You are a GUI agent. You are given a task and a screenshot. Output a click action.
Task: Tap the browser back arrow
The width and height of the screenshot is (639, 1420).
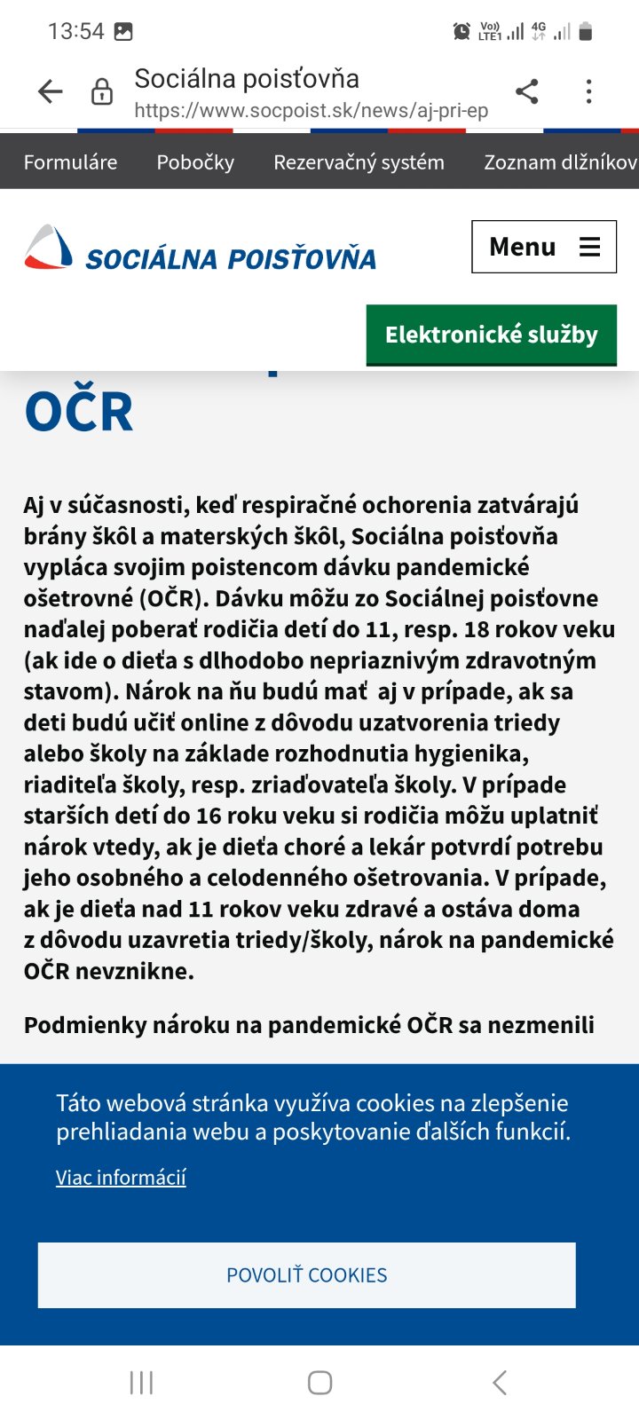[x=51, y=91]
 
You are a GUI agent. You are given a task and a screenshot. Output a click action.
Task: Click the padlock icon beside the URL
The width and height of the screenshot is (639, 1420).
[x=102, y=91]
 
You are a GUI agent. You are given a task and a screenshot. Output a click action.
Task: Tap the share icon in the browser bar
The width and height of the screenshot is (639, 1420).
[x=527, y=91]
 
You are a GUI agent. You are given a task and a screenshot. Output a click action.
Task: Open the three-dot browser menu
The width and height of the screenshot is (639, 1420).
[x=588, y=91]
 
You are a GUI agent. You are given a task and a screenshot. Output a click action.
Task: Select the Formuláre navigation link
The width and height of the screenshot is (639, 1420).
[x=70, y=162]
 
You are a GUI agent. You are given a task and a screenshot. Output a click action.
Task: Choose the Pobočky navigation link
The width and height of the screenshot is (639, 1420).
[x=195, y=162]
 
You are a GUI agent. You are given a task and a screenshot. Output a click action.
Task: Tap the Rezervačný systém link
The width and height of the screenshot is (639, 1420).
[x=359, y=162]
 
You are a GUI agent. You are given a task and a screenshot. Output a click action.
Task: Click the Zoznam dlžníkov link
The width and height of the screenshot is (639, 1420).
[x=560, y=162]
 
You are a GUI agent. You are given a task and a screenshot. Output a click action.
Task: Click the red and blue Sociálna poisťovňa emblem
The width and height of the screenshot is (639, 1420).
[x=48, y=248]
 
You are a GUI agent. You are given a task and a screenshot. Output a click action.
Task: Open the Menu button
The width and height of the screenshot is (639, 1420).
[x=543, y=247]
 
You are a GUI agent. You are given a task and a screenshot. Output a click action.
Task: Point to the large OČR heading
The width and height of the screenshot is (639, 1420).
[x=79, y=412]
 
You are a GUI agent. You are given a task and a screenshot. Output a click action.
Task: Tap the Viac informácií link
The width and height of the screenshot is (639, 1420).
[x=121, y=1178]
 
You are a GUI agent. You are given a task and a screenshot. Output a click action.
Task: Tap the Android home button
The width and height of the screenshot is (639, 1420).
[x=319, y=1383]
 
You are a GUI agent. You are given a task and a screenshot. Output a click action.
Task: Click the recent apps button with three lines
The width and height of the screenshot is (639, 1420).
[x=141, y=1383]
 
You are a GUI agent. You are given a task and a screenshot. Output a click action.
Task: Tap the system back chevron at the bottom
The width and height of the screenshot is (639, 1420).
[x=500, y=1383]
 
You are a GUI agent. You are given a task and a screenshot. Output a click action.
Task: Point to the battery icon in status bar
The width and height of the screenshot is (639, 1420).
[x=585, y=32]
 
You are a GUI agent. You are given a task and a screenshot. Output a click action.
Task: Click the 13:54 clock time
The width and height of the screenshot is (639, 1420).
[x=75, y=32]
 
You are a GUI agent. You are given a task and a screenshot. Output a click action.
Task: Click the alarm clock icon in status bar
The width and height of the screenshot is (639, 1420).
[x=461, y=32]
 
